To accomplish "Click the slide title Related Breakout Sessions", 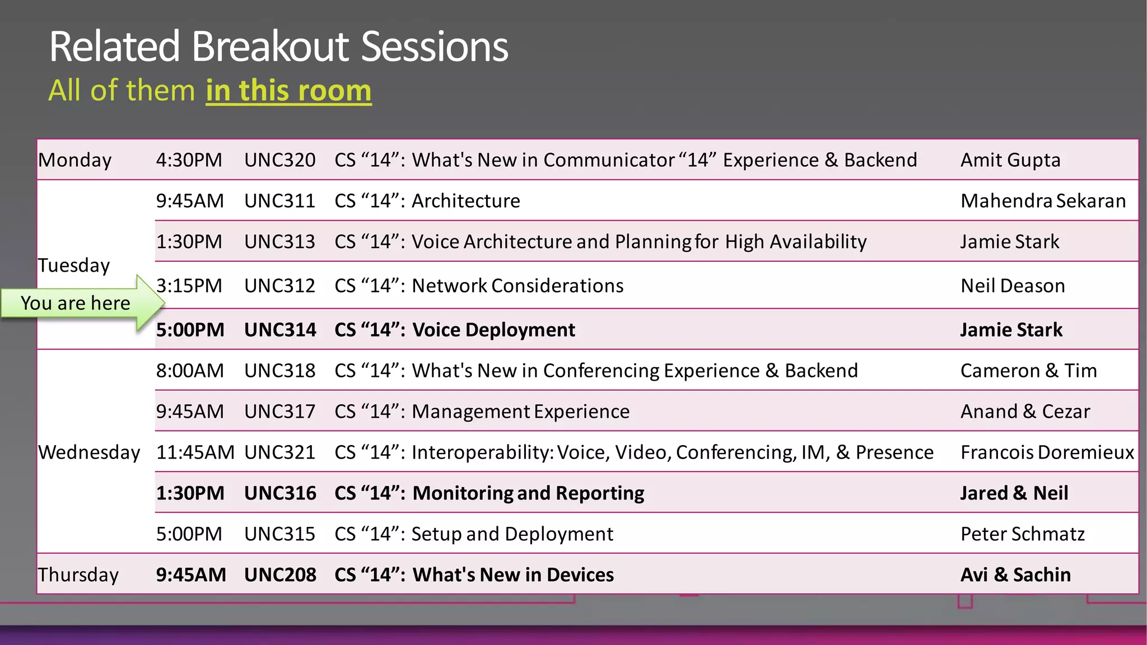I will [x=278, y=47].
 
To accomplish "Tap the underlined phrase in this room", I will [x=288, y=91].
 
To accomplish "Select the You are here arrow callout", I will [x=78, y=303].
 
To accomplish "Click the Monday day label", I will [x=75, y=160].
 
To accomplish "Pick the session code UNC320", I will [x=279, y=160].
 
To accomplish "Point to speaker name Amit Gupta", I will [x=1010, y=160].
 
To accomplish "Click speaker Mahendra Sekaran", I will [x=1043, y=201].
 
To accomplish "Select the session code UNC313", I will [x=279, y=242].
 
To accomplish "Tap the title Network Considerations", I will [x=517, y=286].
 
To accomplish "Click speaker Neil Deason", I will [x=1013, y=286].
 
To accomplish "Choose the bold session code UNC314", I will [x=280, y=330].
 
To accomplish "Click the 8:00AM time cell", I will [x=190, y=371].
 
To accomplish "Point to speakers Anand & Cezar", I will [x=1025, y=412].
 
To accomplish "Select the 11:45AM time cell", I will [x=195, y=452].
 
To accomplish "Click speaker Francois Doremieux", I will [x=1047, y=452].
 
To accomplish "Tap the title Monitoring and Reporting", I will [x=528, y=493].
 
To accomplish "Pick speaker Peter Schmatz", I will [x=1022, y=534].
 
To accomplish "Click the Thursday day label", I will [x=78, y=575].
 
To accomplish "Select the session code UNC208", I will [x=280, y=575].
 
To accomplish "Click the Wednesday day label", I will [x=89, y=452].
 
